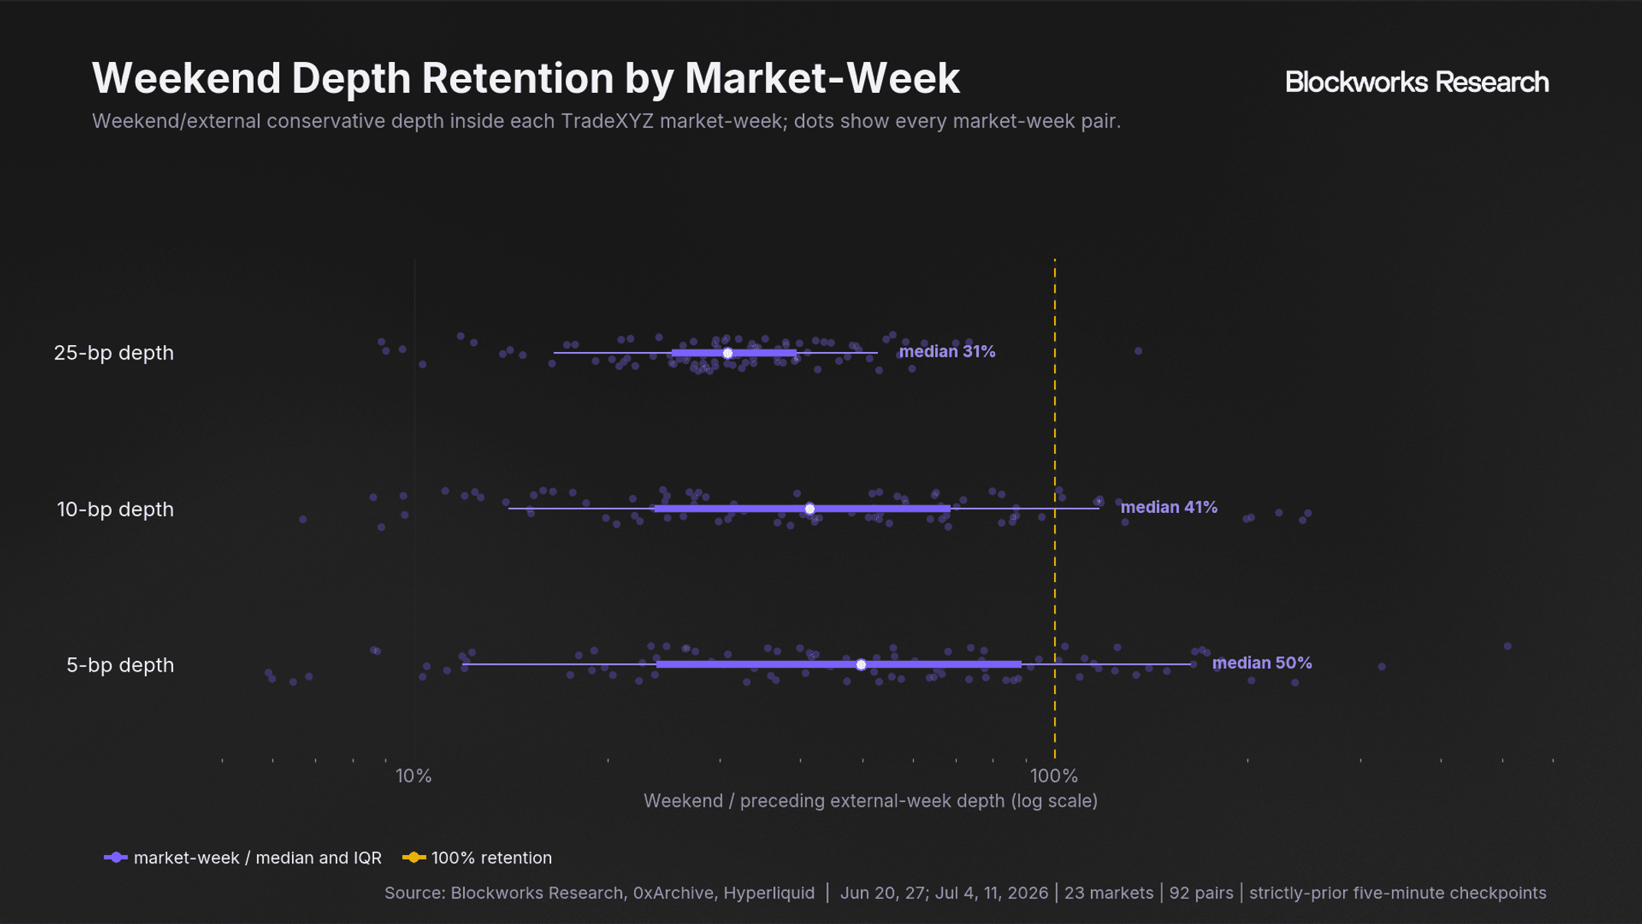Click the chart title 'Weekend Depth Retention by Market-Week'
525,78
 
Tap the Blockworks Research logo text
1417,82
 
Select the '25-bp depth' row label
114,353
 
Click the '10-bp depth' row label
116,509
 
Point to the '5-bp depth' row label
120,665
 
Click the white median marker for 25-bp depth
727,353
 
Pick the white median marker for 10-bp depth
810,509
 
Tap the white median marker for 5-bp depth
861,665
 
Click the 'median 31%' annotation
947,351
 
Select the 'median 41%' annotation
1168,507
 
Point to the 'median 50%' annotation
1262,663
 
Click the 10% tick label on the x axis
414,776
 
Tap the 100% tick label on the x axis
1054,776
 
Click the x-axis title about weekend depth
871,801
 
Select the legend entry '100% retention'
477,858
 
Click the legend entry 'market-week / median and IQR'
243,858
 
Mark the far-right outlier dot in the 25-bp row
1138,351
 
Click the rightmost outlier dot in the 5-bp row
1507,646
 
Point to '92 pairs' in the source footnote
1201,893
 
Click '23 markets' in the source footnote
1108,893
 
